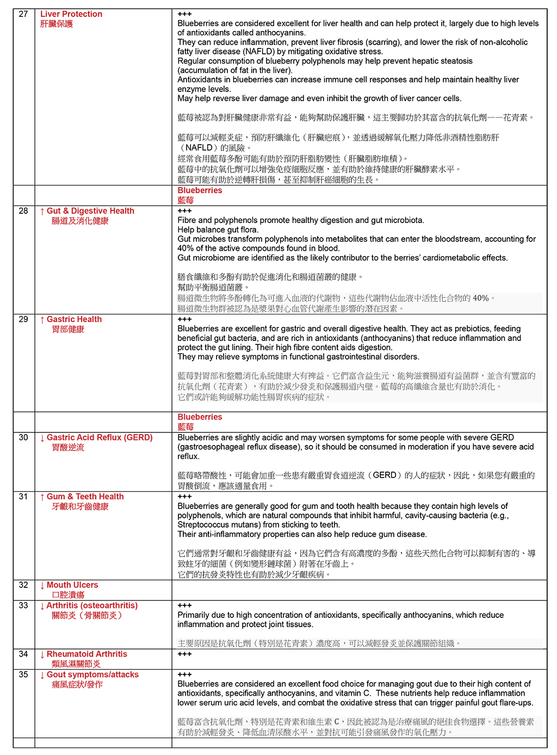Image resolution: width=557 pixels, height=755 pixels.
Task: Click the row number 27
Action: [23, 14]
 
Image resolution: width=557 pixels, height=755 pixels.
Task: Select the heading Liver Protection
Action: [71, 14]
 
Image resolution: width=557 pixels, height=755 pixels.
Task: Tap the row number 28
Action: [23, 211]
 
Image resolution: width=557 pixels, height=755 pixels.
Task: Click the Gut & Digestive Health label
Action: [90, 211]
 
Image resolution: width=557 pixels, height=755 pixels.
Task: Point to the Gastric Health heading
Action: [74, 319]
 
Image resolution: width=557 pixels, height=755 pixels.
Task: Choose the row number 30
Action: [23, 437]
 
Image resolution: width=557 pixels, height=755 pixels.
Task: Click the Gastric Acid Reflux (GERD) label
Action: [100, 437]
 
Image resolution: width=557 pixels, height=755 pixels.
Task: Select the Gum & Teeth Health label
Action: [85, 497]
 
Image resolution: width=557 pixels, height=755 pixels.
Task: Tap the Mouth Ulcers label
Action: [72, 585]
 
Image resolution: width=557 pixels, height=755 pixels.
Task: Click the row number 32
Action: [23, 585]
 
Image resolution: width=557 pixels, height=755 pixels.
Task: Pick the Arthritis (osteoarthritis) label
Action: [92, 605]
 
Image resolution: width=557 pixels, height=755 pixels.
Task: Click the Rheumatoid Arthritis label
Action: [87, 654]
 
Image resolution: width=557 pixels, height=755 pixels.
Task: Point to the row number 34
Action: [23, 654]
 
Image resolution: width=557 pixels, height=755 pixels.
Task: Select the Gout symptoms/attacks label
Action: [92, 674]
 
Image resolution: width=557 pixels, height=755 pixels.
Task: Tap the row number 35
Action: [23, 674]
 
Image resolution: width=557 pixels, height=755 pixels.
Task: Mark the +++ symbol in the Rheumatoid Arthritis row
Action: [184, 654]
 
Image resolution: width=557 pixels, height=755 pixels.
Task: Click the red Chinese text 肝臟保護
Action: [57, 24]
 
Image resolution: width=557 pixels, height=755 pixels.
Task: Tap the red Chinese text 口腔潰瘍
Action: [68, 595]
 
